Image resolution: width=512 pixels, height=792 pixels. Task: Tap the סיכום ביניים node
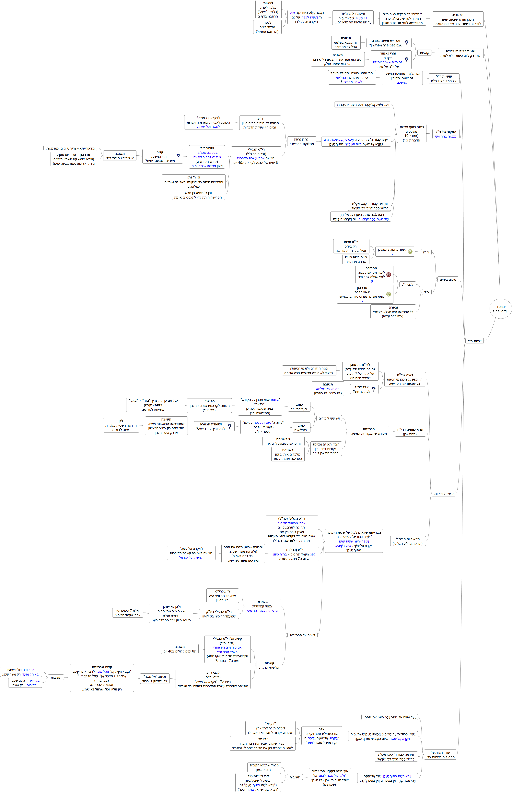(448, 280)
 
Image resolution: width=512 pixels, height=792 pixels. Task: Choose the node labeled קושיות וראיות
(444, 494)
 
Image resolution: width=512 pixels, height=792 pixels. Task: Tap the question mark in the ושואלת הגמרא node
(229, 426)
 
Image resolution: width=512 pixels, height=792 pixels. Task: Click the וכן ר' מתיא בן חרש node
(198, 195)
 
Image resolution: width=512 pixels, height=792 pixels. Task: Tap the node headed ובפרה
(393, 312)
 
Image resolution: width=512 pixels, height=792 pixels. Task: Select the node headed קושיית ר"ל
(444, 79)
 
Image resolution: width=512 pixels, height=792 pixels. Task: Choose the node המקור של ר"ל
(446, 134)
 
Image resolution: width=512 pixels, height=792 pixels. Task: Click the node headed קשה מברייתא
(102, 678)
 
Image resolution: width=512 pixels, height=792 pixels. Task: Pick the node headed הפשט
(209, 406)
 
